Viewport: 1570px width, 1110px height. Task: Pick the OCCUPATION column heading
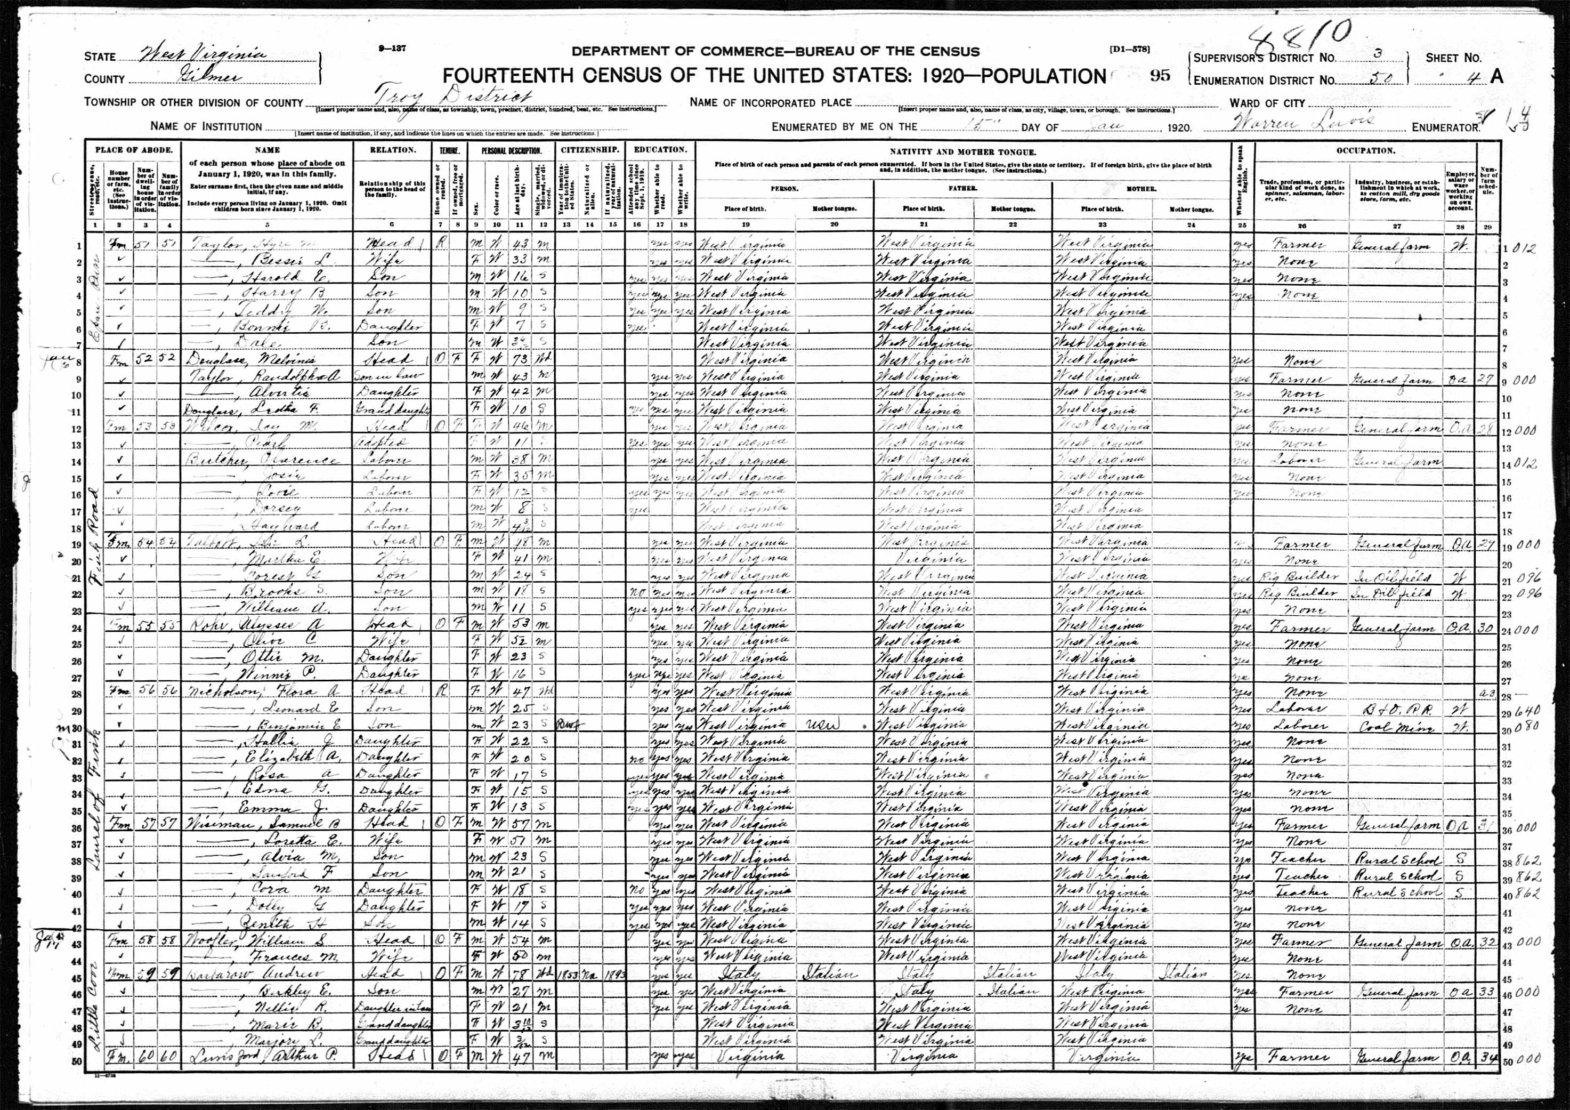1365,150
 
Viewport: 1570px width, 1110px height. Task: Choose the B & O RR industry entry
1391,709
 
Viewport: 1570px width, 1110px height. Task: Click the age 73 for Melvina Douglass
522,360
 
